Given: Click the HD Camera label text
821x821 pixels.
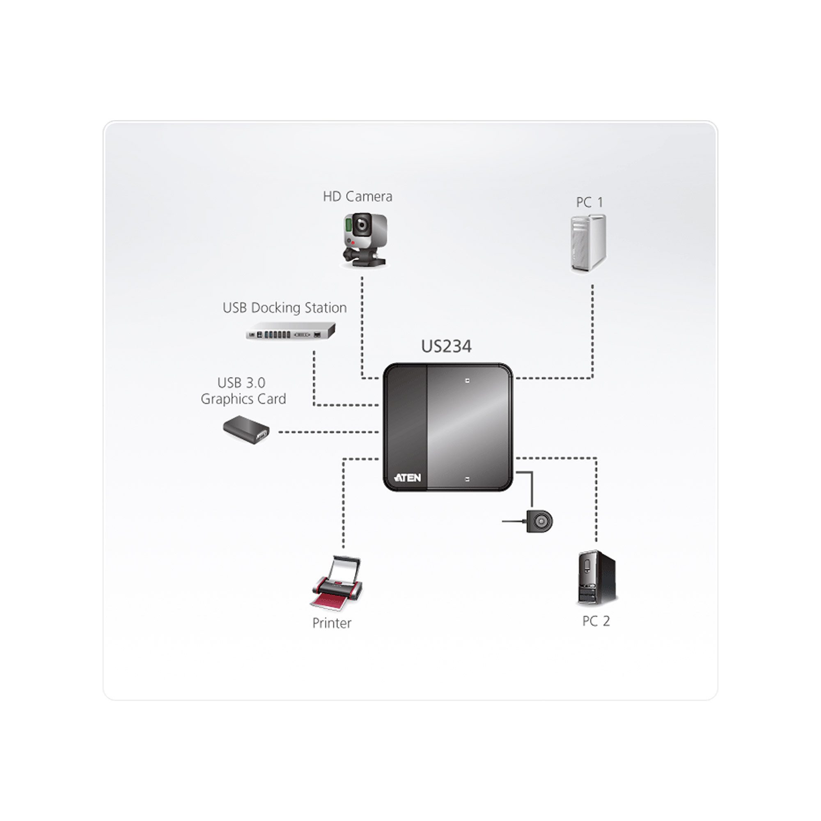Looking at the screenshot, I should pyautogui.click(x=358, y=197).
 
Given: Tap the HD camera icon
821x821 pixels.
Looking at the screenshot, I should pyautogui.click(x=365, y=241).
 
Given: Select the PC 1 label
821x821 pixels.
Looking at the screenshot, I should pyautogui.click(x=589, y=203).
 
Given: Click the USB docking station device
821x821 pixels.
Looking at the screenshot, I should pyautogui.click(x=291, y=332).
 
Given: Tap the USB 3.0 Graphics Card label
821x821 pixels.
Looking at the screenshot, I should pyautogui.click(x=243, y=391).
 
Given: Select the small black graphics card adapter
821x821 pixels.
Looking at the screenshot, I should pyautogui.click(x=246, y=430).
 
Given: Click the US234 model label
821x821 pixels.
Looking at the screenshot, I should pyautogui.click(x=446, y=347).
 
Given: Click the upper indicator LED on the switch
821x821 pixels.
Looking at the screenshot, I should pyautogui.click(x=468, y=381).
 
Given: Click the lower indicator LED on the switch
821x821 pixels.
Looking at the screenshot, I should pyautogui.click(x=468, y=479).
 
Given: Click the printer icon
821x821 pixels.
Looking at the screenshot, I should pyautogui.click(x=337, y=582).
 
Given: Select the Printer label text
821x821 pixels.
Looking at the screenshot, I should pyautogui.click(x=331, y=624).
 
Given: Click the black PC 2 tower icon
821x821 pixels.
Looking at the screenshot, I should pyautogui.click(x=596, y=578).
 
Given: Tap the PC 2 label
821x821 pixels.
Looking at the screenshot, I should pyautogui.click(x=596, y=621).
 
